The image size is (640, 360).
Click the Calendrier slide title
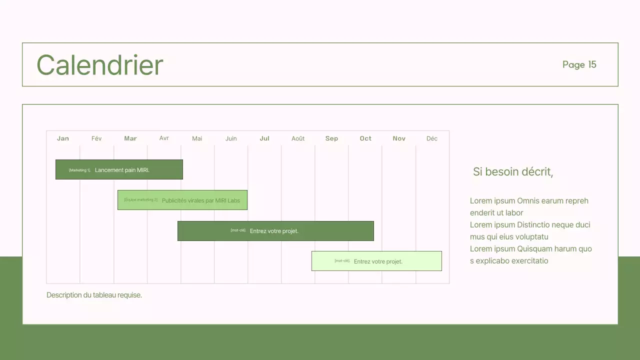[100, 65]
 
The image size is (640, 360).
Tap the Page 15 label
[579, 64]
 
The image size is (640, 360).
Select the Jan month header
[63, 138]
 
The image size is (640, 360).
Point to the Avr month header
[164, 138]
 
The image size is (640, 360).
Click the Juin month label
[231, 138]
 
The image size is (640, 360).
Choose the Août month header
[298, 138]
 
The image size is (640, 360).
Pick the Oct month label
[365, 138]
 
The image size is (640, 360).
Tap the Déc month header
[432, 138]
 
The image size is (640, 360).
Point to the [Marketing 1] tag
[79, 170]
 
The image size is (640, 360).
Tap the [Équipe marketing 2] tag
[140, 200]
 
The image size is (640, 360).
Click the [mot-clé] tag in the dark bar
[238, 230]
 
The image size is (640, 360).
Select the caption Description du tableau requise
[94, 295]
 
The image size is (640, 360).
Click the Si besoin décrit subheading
[512, 172]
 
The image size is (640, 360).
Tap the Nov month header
[399, 138]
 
